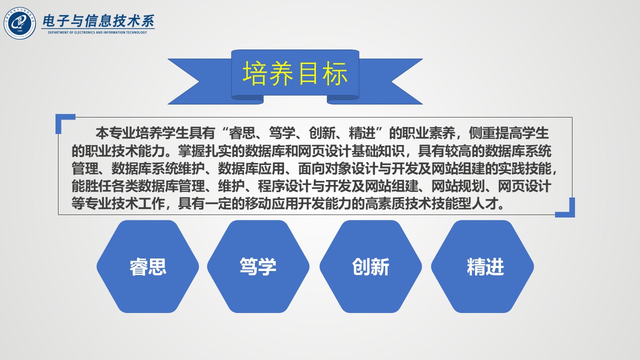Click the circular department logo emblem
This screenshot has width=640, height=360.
pyautogui.click(x=19, y=23)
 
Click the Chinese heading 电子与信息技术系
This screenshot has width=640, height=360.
pyautogui.click(x=98, y=21)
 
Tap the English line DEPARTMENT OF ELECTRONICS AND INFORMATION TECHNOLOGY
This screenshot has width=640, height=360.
pyautogui.click(x=97, y=32)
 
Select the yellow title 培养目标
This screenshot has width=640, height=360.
pyautogui.click(x=295, y=73)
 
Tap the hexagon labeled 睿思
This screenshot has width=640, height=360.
pyautogui.click(x=147, y=266)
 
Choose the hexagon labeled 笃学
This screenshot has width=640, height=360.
pyautogui.click(x=258, y=266)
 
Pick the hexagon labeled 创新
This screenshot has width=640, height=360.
pyautogui.click(x=370, y=266)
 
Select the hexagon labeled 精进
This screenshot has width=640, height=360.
pyautogui.click(x=482, y=266)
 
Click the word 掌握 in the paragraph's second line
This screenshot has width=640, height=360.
pyautogui.click(x=191, y=151)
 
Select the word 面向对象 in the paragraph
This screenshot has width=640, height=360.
pyautogui.click(x=324, y=168)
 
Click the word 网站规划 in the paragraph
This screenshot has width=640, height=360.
pyautogui.click(x=457, y=186)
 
